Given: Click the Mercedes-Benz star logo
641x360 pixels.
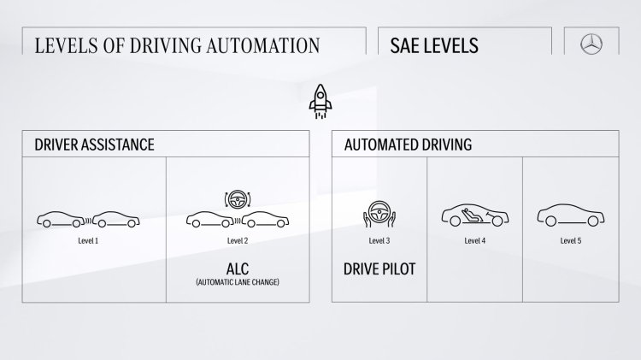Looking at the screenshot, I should (595, 45).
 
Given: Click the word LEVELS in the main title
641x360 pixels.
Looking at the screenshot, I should (66, 45).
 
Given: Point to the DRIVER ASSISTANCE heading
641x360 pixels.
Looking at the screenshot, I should (95, 145).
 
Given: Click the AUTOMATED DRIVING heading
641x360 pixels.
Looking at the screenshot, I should (407, 145).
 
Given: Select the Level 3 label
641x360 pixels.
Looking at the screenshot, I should (379, 241).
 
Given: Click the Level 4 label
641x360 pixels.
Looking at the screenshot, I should (474, 241).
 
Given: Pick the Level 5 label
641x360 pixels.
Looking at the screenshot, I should (571, 241).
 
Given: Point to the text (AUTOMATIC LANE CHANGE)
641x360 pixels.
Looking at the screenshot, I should (238, 281).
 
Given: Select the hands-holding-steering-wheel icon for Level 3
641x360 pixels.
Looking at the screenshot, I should (379, 217).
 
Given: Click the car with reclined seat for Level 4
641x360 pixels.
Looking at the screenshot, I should (474, 217).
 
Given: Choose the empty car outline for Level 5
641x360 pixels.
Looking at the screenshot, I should (571, 218).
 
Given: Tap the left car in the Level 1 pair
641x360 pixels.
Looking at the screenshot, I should (62, 220).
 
